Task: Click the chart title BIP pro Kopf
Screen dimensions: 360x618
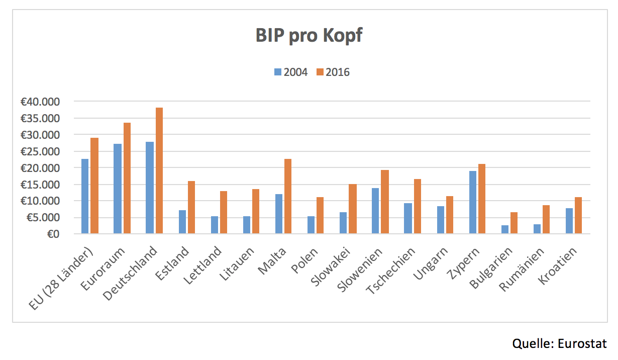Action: pyautogui.click(x=308, y=36)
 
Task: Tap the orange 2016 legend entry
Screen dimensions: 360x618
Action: pyautogui.click(x=333, y=72)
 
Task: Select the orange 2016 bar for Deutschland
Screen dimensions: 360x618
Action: pyautogui.click(x=159, y=171)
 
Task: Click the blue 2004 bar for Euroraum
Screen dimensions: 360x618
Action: pyautogui.click(x=117, y=189)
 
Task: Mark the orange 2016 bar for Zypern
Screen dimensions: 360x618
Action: pyautogui.click(x=481, y=199)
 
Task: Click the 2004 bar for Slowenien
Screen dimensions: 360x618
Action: pyautogui.click(x=375, y=211)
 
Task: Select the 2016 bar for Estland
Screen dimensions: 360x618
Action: pyautogui.click(x=191, y=208)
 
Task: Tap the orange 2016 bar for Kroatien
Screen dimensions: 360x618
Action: pyautogui.click(x=578, y=216)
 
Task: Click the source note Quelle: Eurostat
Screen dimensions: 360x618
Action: pyautogui.click(x=559, y=344)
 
